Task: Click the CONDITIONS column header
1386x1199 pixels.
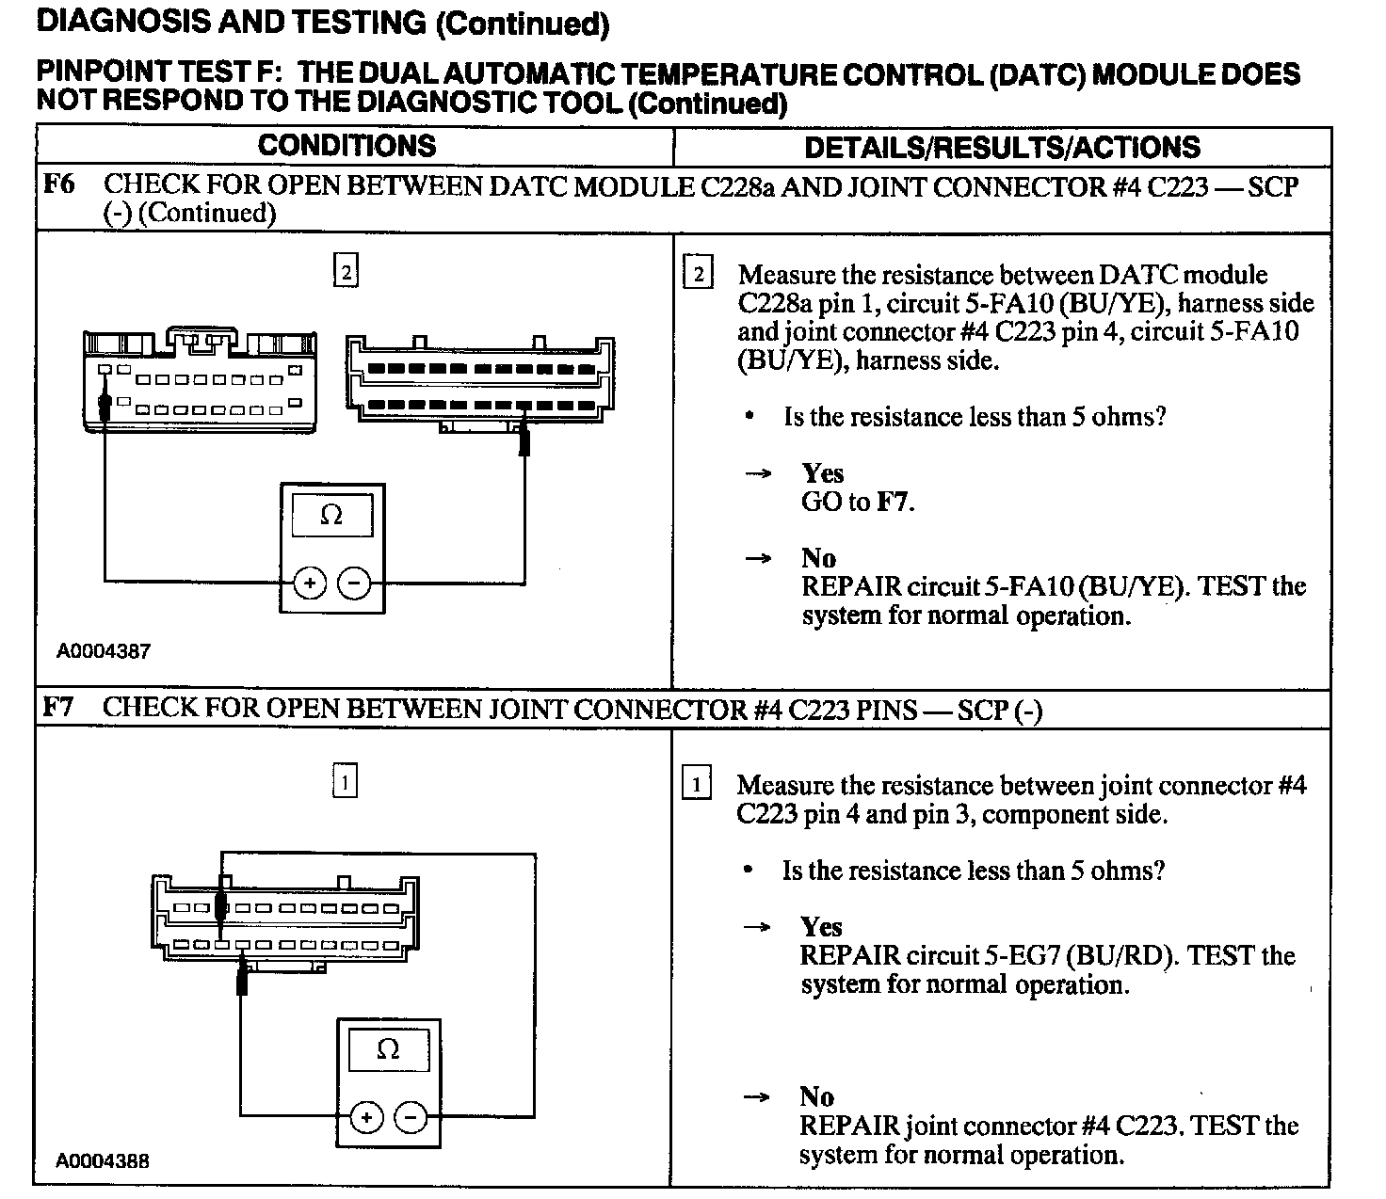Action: tap(346, 146)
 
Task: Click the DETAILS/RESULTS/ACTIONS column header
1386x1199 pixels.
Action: tap(1002, 148)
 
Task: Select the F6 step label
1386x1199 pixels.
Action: tap(58, 184)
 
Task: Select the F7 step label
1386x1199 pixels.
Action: tap(58, 708)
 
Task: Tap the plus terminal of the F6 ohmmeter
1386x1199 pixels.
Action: tap(310, 584)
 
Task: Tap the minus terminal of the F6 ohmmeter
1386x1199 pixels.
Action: tap(354, 584)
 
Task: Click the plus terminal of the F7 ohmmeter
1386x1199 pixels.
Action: tap(366, 1118)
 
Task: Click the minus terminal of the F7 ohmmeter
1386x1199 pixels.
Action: tap(411, 1118)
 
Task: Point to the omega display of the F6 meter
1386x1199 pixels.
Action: tap(331, 515)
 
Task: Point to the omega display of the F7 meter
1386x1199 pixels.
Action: tap(388, 1048)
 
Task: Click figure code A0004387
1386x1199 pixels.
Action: tap(103, 651)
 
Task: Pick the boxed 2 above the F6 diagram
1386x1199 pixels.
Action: tap(346, 272)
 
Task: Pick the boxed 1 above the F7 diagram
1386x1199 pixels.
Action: tap(345, 781)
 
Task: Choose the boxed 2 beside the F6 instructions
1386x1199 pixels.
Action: tap(698, 275)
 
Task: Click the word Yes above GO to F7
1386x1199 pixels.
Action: tap(822, 473)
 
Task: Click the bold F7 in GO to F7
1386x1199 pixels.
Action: tap(893, 502)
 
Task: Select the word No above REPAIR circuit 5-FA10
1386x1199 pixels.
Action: tap(818, 558)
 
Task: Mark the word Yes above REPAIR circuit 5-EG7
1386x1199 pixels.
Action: tap(821, 927)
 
